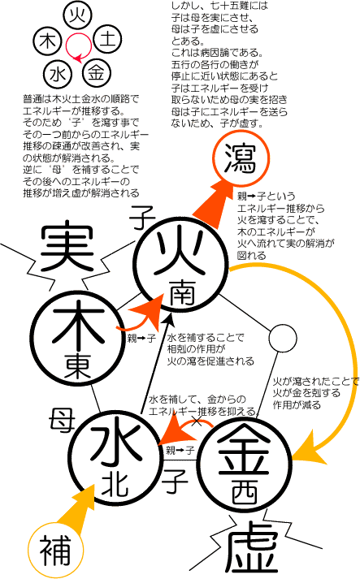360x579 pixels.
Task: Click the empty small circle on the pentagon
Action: tap(282, 339)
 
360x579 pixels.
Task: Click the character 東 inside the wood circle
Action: tap(78, 365)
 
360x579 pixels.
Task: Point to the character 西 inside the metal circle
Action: tap(245, 493)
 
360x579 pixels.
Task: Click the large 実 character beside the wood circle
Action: tap(67, 245)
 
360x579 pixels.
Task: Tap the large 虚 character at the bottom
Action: tap(252, 551)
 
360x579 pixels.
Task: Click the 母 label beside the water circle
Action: tap(62, 420)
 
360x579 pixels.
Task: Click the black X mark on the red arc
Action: tap(197, 421)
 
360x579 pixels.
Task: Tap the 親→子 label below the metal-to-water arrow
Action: tap(180, 450)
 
